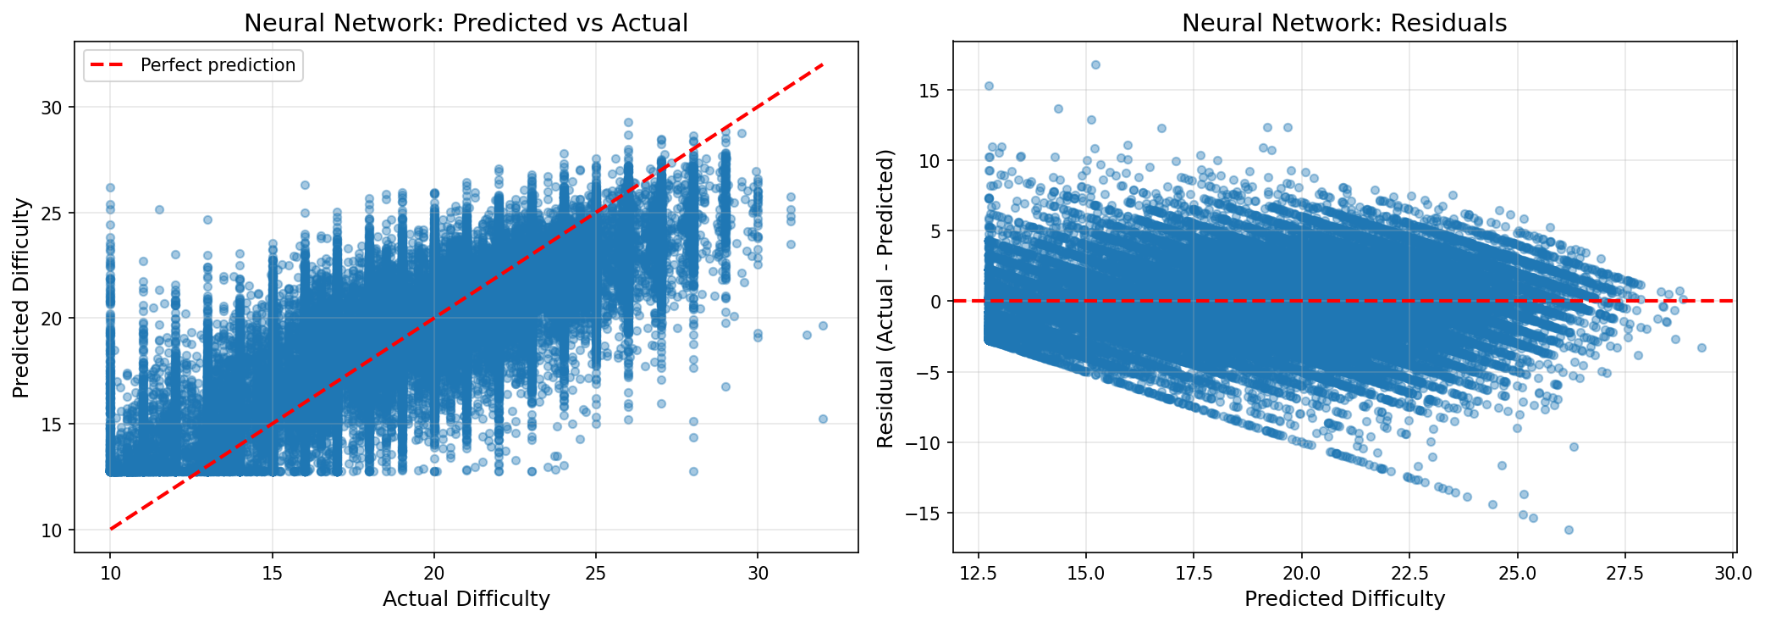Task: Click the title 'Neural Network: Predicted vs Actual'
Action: (x=466, y=23)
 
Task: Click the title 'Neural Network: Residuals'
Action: (x=1344, y=23)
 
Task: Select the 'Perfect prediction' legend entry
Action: (x=218, y=65)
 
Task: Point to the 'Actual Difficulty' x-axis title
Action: (x=466, y=599)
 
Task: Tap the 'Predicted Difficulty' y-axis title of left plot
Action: (x=22, y=297)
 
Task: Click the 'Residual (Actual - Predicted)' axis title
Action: (x=885, y=298)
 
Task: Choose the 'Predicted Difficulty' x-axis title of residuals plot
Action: (x=1344, y=599)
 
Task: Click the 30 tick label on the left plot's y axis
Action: (x=52, y=107)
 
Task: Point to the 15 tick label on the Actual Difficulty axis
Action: (x=273, y=573)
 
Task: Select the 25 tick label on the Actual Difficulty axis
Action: (x=596, y=573)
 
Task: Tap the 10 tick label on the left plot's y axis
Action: (x=52, y=530)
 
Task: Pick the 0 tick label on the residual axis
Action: (x=935, y=302)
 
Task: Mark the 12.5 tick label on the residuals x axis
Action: (x=979, y=573)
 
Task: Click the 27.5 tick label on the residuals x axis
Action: (x=1625, y=573)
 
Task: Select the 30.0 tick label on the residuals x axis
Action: (x=1733, y=573)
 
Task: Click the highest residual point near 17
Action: (x=1095, y=64)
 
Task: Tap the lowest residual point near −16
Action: (x=1569, y=530)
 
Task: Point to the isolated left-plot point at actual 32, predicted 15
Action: (x=823, y=419)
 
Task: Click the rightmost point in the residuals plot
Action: (x=1702, y=347)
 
